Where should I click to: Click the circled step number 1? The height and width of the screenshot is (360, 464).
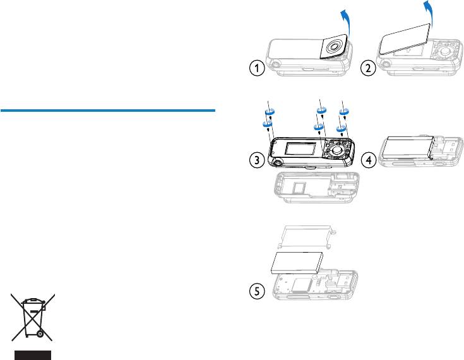pos(256,68)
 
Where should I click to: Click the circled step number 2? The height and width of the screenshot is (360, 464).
pos(369,68)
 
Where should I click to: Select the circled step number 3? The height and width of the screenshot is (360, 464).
pos(256,160)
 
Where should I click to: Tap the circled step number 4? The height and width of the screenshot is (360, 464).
pos(369,160)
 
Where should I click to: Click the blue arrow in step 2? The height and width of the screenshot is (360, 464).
pos(428,13)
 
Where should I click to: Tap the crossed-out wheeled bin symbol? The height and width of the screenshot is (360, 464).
pos(33,317)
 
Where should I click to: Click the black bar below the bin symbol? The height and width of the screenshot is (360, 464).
pos(33,355)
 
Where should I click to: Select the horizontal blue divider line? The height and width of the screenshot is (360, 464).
pos(108,111)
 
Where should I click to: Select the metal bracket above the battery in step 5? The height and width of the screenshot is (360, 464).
pos(307,236)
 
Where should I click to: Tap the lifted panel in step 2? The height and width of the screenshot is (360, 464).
pos(405,39)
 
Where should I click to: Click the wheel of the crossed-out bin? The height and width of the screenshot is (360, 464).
pos(40,334)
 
